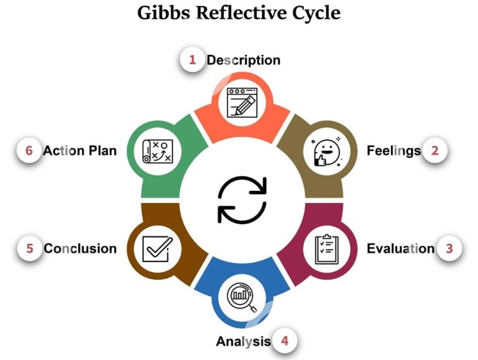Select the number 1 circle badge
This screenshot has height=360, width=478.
[192, 60]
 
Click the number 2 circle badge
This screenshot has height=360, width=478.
[435, 150]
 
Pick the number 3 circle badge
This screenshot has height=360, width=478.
[449, 249]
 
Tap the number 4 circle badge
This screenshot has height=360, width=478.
[284, 340]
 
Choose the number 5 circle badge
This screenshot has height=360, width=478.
[29, 249]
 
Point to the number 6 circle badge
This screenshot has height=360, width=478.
[29, 150]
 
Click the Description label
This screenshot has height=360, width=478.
[243, 60]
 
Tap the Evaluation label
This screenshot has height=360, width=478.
[401, 249]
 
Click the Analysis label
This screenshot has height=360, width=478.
[243, 341]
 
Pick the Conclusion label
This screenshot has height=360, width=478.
[80, 249]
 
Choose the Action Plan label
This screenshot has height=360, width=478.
[80, 150]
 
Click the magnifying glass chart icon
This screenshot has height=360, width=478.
[242, 296]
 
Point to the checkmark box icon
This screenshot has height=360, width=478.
[156, 249]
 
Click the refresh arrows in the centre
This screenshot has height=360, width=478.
[242, 200]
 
